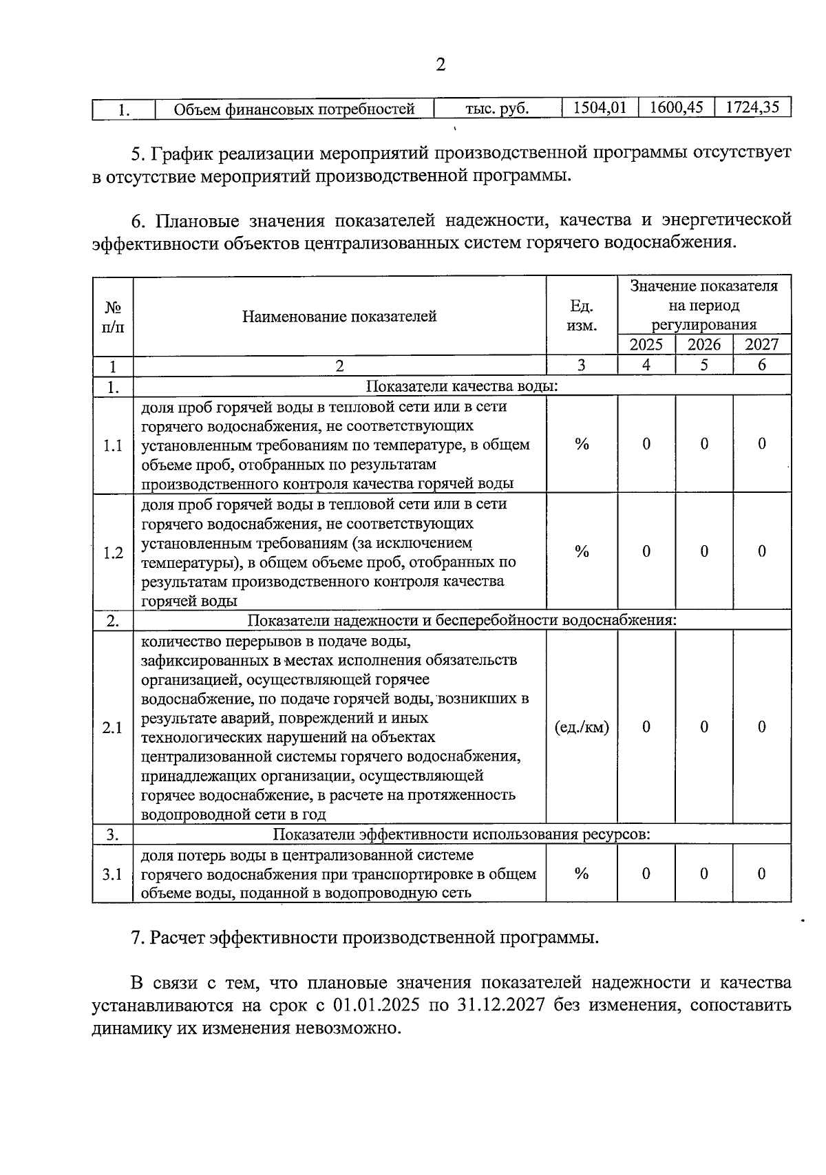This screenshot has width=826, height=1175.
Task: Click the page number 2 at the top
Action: pos(441,65)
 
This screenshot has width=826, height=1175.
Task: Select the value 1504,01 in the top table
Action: pos(600,108)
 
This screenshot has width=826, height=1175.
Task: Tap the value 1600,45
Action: pos(676,108)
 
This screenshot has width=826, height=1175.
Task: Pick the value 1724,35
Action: pos(752,108)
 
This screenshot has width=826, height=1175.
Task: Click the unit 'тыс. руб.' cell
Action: pos(497,109)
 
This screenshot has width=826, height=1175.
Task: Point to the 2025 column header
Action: pos(646,345)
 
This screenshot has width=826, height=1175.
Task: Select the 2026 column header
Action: pos(704,345)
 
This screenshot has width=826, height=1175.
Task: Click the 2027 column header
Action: pos(761,345)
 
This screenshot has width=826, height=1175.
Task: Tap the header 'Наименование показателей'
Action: pos(339,317)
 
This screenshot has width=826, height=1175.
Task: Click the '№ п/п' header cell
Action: pos(113,317)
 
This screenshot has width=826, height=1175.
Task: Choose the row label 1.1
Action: pos(113,445)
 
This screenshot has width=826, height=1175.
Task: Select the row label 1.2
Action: pos(113,553)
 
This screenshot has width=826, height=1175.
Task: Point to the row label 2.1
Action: pos(113,728)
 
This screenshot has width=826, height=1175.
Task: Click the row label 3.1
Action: pos(113,874)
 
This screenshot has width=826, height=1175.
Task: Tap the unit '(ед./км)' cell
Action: pos(582,728)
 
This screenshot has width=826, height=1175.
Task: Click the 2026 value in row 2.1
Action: pos(704,728)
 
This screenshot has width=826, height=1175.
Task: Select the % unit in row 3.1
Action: pos(582,874)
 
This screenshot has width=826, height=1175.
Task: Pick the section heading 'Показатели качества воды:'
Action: pos(461,386)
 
